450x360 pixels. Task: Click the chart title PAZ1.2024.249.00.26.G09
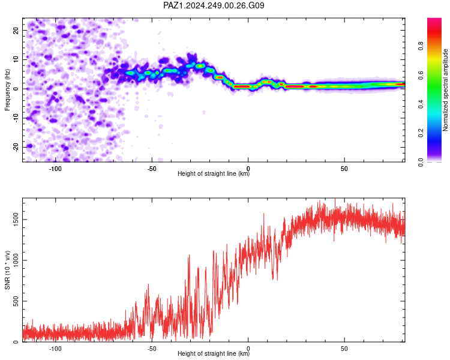tap(214, 5)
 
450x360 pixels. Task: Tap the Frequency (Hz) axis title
tap(7, 90)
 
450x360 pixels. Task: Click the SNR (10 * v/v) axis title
tap(7, 270)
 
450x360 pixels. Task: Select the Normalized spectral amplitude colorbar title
tap(445, 90)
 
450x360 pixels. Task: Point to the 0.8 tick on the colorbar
tap(421, 46)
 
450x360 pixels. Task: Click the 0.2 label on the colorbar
tap(421, 133)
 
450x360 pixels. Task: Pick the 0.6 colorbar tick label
tap(421, 75)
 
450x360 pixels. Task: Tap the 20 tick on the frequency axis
tap(16, 30)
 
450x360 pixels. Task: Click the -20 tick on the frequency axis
tap(16, 147)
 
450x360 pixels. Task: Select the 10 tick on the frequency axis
tap(16, 59)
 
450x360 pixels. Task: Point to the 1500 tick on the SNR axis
tap(16, 220)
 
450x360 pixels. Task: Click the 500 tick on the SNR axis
tap(16, 301)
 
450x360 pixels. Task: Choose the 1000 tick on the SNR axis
tap(16, 260)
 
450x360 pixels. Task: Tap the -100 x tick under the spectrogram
tap(55, 169)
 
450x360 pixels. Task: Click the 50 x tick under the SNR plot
tap(344, 349)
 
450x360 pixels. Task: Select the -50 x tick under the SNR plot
tap(152, 349)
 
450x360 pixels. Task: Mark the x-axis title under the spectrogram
tap(214, 173)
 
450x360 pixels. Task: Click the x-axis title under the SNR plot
tap(214, 353)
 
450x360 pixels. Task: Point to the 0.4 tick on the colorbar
tap(421, 104)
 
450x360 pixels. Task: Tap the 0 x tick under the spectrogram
tap(248, 169)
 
